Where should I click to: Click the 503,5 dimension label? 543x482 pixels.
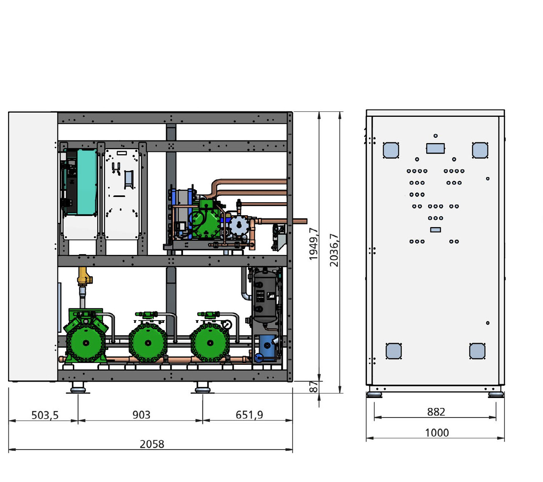pyautogui.click(x=45, y=415)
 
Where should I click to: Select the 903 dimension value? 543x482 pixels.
pyautogui.click(x=141, y=415)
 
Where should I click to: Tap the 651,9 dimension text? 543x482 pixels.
pyautogui.click(x=249, y=415)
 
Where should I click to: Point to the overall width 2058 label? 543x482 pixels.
pyautogui.click(x=152, y=444)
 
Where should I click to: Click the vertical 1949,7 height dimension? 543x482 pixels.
pyautogui.click(x=313, y=244)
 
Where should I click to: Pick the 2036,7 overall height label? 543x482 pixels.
pyautogui.click(x=334, y=250)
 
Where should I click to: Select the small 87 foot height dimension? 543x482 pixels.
pyautogui.click(x=313, y=387)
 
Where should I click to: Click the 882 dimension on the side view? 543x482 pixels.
pyautogui.click(x=436, y=412)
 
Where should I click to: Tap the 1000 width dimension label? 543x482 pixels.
pyautogui.click(x=437, y=433)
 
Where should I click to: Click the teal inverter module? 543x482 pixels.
pyautogui.click(x=87, y=182)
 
